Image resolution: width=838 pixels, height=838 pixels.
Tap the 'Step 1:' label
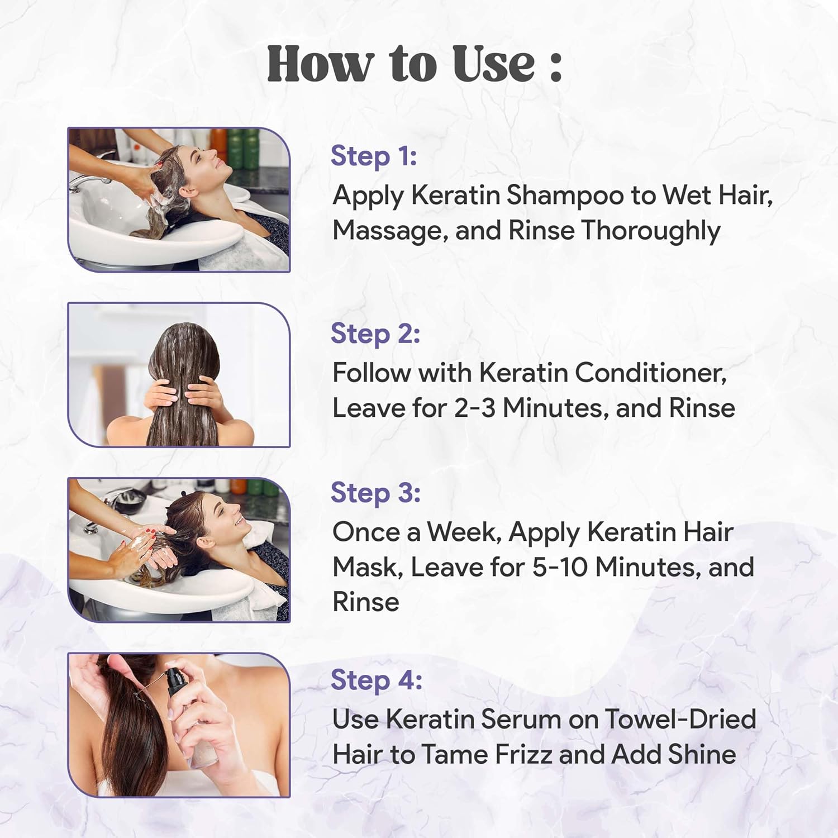click(374, 156)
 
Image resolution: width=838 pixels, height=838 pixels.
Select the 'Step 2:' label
click(375, 334)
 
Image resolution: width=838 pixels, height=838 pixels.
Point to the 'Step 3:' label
click(375, 493)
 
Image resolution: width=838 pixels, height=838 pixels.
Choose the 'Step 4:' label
click(377, 680)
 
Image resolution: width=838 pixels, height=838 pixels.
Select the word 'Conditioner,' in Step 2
click(651, 373)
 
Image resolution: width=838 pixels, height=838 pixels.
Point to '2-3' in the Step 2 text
click(474, 408)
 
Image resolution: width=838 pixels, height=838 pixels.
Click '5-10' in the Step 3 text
click(560, 567)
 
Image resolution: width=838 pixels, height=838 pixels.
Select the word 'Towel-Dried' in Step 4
click(680, 719)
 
